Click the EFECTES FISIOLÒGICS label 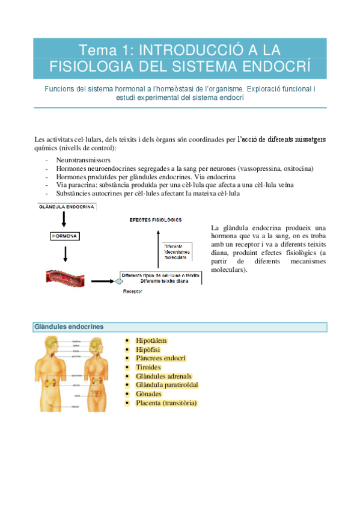point(156,220)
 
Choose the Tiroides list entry point(148,367)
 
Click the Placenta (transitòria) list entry point(166,403)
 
